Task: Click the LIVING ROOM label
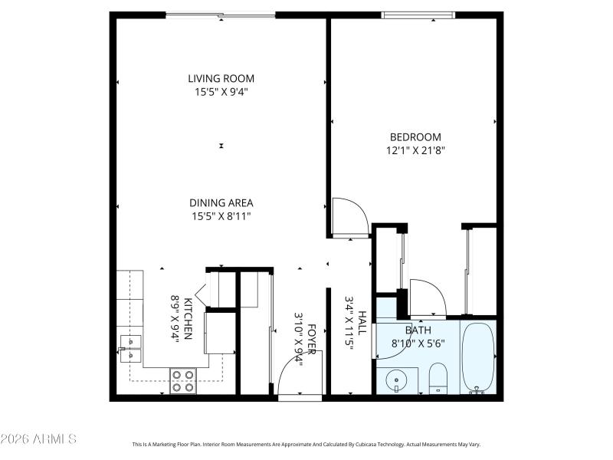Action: click(221, 78)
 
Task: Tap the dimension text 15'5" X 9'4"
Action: click(221, 92)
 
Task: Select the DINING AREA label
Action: click(221, 202)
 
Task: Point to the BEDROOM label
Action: click(415, 137)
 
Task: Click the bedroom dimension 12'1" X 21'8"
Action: click(415, 151)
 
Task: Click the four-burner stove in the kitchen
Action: click(182, 381)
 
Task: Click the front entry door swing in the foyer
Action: click(297, 376)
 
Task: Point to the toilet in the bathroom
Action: click(438, 378)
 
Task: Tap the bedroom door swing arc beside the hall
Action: click(349, 216)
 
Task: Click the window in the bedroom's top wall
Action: click(418, 15)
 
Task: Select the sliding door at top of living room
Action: click(221, 15)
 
